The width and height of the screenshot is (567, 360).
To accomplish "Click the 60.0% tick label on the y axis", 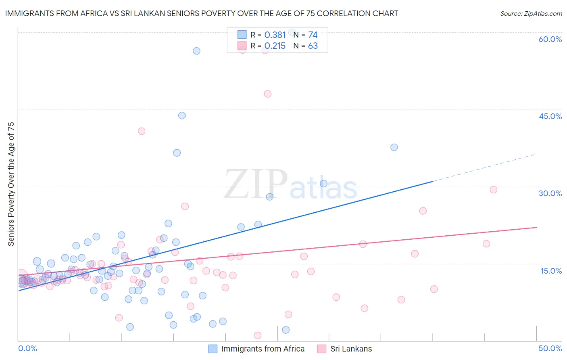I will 550,39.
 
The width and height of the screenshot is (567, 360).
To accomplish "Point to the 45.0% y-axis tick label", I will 550,116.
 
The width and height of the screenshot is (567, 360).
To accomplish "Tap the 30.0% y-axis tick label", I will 550,193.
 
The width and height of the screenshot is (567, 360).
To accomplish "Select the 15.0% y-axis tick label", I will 551,271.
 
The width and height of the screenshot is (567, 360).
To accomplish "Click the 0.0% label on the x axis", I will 27,348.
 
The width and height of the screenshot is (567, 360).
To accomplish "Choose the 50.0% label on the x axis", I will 550,348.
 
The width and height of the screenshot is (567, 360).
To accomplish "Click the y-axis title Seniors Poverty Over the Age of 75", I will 11,184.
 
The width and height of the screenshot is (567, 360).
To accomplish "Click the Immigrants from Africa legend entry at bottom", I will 263,349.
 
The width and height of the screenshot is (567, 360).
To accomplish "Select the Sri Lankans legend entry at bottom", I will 351,349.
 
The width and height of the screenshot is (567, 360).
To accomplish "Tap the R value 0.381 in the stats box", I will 275,35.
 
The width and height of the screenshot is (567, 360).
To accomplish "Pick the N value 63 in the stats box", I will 313,46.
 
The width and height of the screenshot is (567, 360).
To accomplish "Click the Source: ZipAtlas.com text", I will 531,14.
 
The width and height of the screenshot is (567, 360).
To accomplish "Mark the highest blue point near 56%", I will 196,51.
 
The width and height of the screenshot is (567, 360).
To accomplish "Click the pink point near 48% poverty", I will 267,94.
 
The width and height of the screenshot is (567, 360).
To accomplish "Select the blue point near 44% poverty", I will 182,115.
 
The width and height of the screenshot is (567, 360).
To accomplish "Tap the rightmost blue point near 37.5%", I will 394,147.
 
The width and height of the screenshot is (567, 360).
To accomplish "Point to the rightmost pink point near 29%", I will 493,190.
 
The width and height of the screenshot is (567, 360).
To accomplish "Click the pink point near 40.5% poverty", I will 142,131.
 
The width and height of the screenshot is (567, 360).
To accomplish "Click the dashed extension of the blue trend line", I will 484,168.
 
